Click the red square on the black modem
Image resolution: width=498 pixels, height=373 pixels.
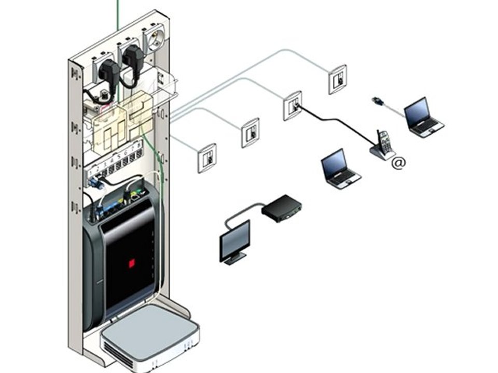tap(132, 263)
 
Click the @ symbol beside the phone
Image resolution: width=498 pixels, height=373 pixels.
tap(398, 163)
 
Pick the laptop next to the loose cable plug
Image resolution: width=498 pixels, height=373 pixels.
tap(423, 117)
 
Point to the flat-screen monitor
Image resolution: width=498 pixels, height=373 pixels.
tap(235, 241)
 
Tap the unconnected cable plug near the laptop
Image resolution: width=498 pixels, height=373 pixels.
tap(378, 101)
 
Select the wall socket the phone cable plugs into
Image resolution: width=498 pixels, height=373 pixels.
tap(293, 105)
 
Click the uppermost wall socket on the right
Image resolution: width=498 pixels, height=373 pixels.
tap(337, 79)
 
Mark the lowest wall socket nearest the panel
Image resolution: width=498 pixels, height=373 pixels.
tap(206, 157)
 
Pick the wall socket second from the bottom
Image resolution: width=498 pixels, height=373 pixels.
tap(250, 133)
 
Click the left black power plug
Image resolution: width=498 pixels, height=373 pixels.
tap(108, 71)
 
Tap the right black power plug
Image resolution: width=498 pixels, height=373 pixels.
tap(132, 58)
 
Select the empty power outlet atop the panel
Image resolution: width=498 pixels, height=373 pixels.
tap(154, 39)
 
